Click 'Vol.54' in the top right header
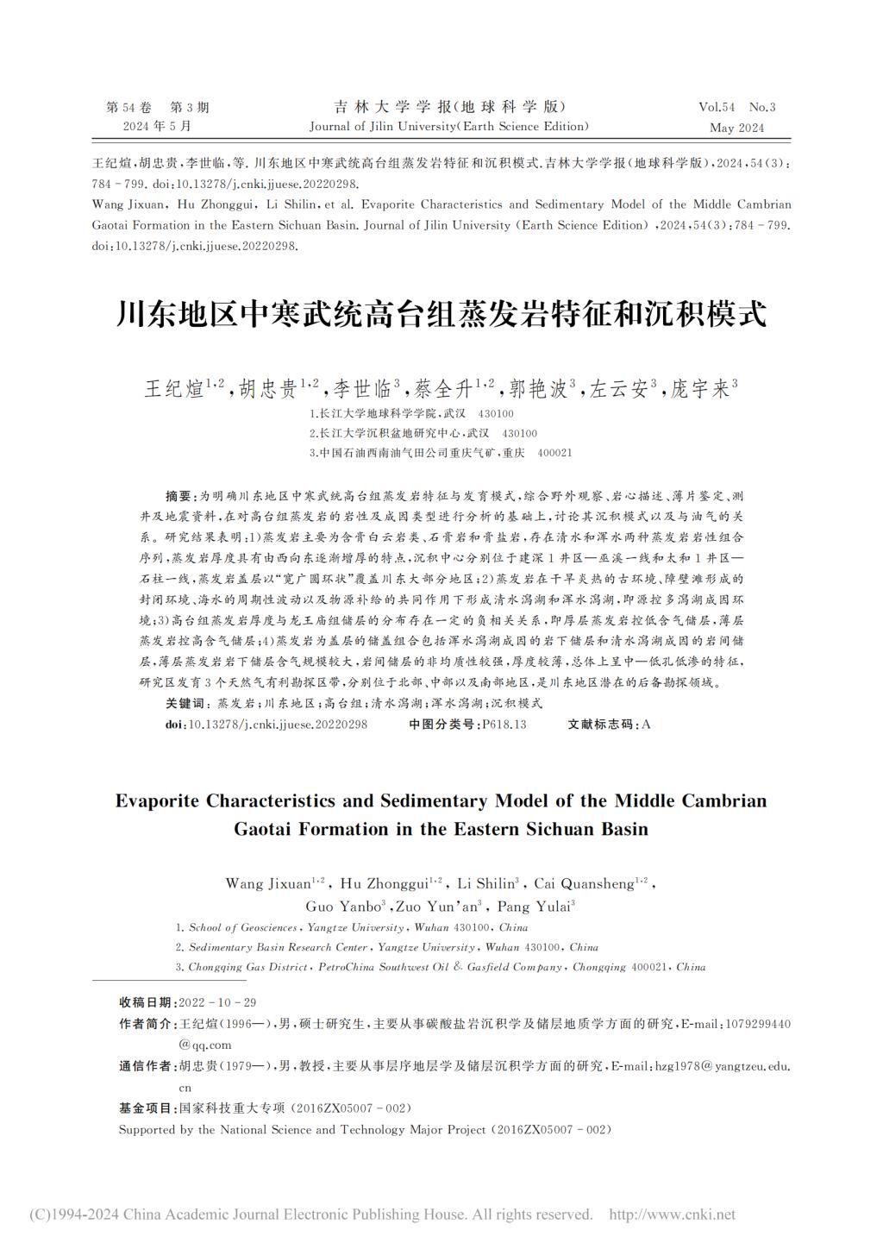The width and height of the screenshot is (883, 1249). tap(717, 108)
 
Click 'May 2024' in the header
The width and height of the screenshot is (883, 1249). tap(736, 128)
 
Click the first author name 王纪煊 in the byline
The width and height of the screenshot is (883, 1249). tap(173, 389)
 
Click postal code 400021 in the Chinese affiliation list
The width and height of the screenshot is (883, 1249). tap(554, 453)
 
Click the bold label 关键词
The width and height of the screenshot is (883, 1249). tap(185, 704)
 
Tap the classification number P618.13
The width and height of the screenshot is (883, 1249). tap(504, 725)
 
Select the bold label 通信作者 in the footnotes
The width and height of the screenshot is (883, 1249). tap(145, 1066)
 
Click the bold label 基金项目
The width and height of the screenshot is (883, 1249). tap(145, 1108)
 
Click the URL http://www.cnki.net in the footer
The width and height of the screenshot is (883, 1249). tap(672, 1214)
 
